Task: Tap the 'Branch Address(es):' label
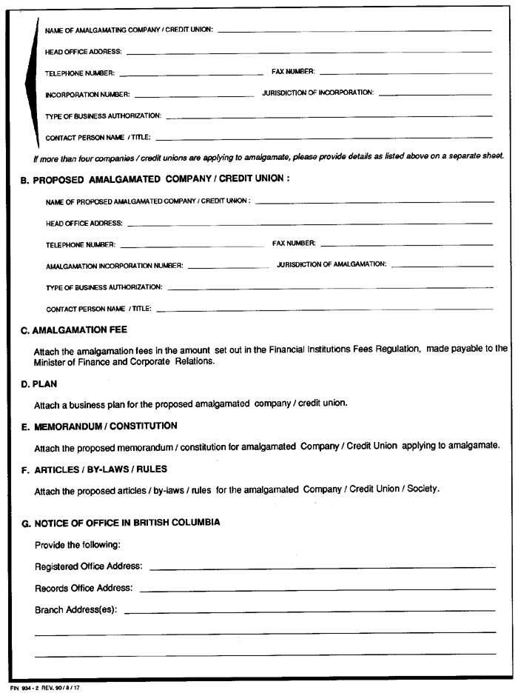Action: pos(77,610)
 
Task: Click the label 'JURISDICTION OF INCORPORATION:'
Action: pos(317,93)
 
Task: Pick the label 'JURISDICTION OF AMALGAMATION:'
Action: pos(332,264)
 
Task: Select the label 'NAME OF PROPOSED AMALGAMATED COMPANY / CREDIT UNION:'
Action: pos(148,201)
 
